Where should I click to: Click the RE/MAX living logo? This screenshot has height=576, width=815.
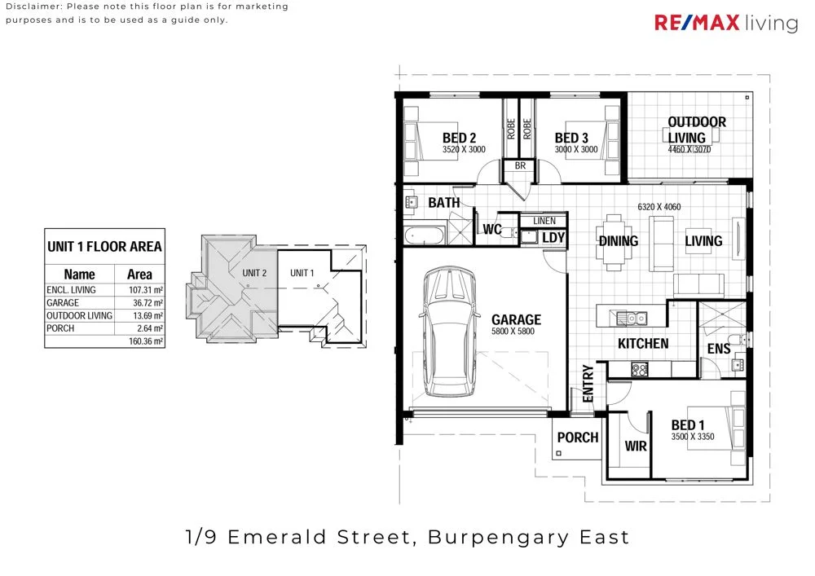pos(726,23)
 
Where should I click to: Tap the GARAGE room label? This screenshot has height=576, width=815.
pos(516,320)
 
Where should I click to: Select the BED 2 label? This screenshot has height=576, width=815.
pos(459,138)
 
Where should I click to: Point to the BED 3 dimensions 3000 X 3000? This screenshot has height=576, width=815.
pos(576,150)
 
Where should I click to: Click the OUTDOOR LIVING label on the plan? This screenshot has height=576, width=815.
pos(696,130)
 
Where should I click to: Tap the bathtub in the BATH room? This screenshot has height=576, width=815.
pos(424,237)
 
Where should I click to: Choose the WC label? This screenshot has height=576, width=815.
pos(491,230)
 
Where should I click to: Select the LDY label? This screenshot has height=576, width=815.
pos(553,238)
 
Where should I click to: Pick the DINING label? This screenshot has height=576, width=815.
pos(619,241)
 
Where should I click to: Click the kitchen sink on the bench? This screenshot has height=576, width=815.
pos(630,318)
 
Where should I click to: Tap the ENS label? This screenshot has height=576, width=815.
pos(718,349)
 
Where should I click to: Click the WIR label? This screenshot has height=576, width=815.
pos(635,446)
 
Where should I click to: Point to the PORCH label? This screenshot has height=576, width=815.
pos(577,437)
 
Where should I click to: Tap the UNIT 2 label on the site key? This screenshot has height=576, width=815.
pos(254,273)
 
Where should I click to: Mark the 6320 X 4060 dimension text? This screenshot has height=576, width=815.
pos(659,208)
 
